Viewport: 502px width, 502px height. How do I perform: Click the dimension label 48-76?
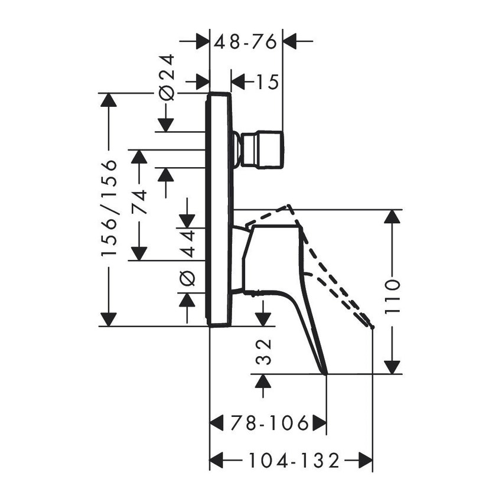pos(246,43)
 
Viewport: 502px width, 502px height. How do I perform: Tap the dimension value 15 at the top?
pos(266,82)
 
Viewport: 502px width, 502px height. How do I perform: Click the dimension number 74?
pos(140,201)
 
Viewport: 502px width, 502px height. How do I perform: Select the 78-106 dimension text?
pos(269,423)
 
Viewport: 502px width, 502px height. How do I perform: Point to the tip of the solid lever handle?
pos(325,373)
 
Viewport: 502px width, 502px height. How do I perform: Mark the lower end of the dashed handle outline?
pos(371,325)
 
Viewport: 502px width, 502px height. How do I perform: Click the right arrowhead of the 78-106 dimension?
pos(320,423)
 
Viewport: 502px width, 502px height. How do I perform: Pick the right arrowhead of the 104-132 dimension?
pos(366,459)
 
